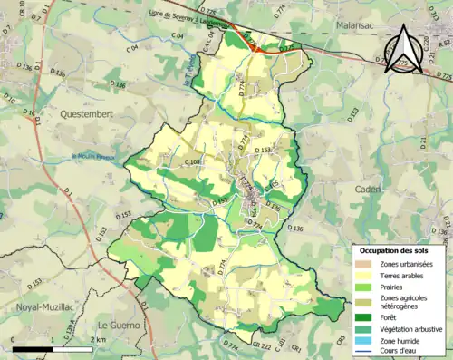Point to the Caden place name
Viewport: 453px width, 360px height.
[368, 190]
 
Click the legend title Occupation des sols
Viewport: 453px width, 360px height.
[400, 249]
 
